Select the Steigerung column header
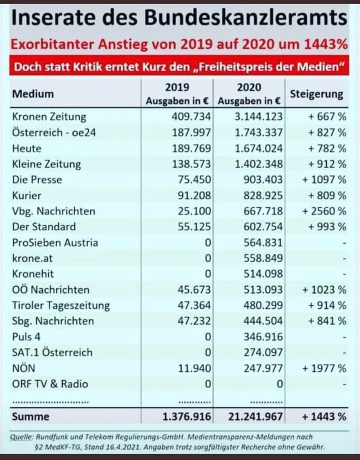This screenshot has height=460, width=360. [x=317, y=94]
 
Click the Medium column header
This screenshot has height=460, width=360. [x=33, y=94]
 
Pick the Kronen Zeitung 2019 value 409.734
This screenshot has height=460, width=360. [x=191, y=117]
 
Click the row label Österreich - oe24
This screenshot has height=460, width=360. [x=54, y=133]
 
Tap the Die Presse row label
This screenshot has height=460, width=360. [x=37, y=180]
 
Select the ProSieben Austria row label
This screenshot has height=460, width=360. [x=55, y=243]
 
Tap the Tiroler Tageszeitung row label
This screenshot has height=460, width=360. [x=61, y=306]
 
